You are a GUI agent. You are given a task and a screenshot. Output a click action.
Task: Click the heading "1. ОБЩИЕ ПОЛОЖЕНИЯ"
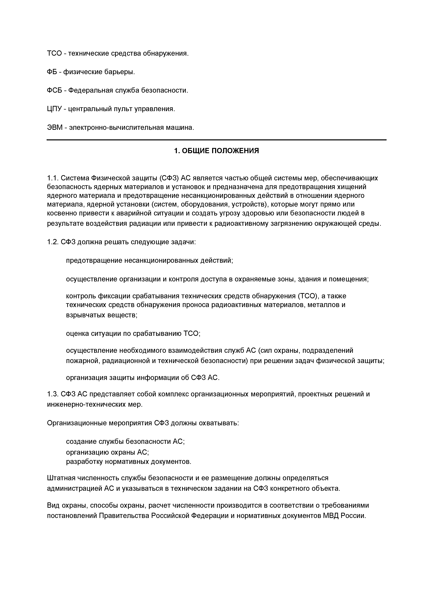[x=216, y=151]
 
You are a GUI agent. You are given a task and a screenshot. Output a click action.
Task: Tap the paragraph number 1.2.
[x=53, y=242]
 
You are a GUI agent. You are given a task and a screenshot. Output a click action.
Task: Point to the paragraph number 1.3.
[x=53, y=394]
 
